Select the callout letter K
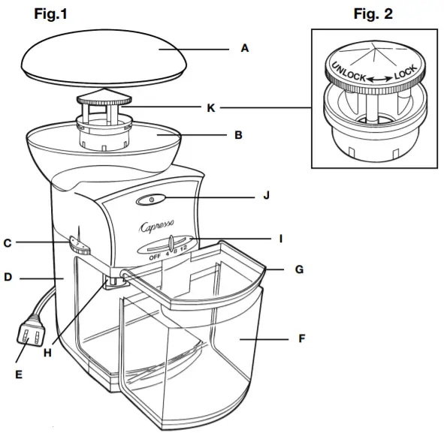(x=212, y=108)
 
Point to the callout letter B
(x=237, y=136)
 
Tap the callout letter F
(x=301, y=338)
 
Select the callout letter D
(x=8, y=278)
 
